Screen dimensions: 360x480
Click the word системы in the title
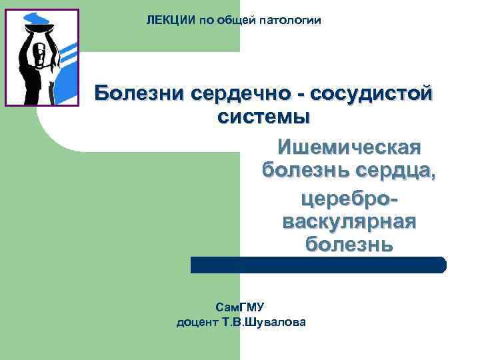tap(264, 117)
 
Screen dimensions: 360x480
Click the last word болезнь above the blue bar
tap(349, 244)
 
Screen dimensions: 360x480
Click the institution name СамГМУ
tap(241, 307)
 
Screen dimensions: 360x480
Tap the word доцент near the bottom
tap(197, 323)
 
